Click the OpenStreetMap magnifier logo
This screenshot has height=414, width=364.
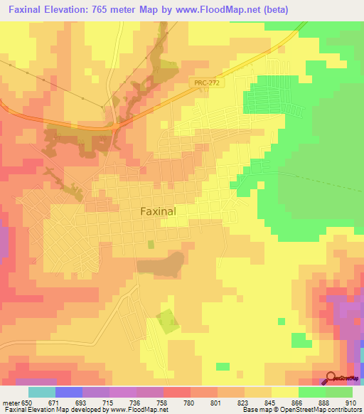point(333,379)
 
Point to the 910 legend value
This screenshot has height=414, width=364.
point(352,402)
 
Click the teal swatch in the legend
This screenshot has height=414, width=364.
point(41,392)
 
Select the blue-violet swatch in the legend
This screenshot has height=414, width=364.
point(68,392)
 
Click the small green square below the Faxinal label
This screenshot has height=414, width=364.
point(150,244)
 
